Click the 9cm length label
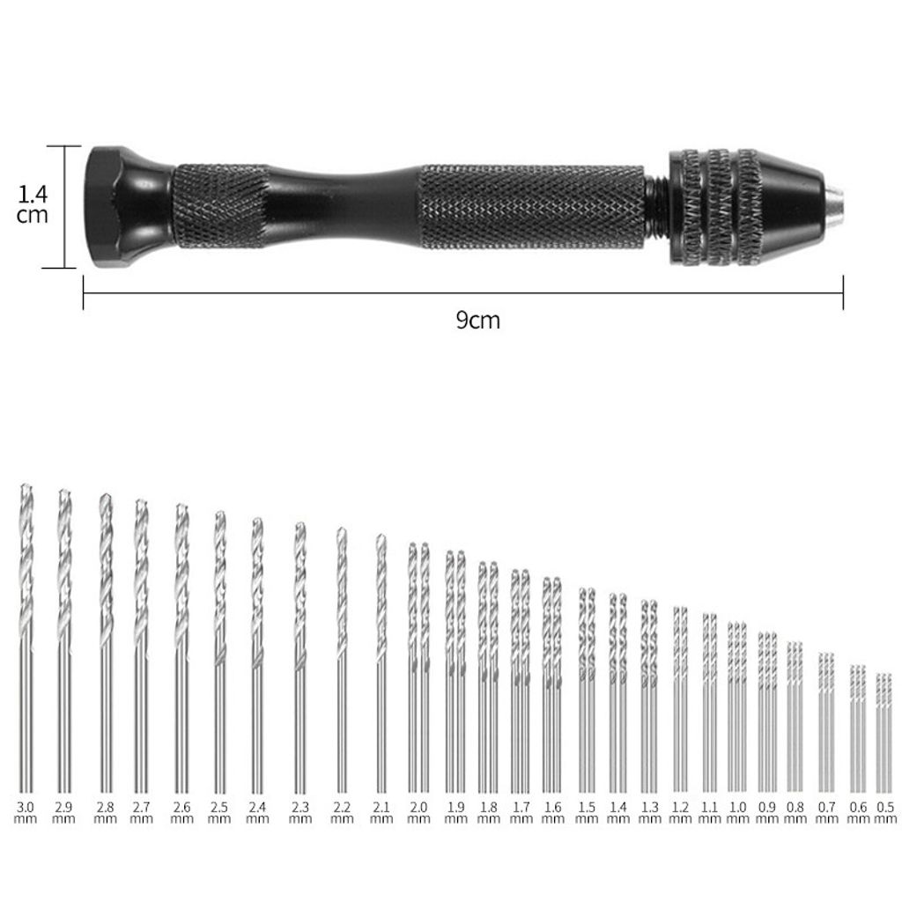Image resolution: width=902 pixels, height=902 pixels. pyautogui.click(x=477, y=320)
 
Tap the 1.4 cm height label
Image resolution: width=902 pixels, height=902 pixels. pyautogui.click(x=33, y=204)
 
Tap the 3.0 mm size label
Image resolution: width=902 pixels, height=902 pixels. pyautogui.click(x=26, y=812)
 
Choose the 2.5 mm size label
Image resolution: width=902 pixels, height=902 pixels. pyautogui.click(x=218, y=812)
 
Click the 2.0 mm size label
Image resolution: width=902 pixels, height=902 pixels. pyautogui.click(x=418, y=812)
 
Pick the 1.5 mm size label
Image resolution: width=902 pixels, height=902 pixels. pyautogui.click(x=586, y=812)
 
